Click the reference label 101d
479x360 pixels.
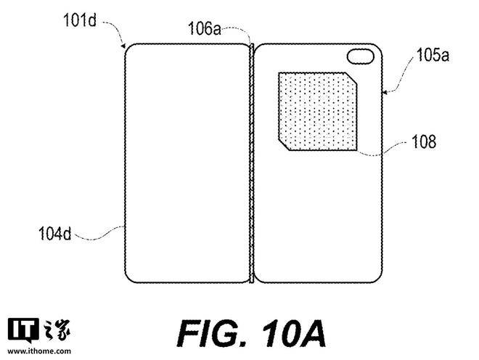tap(79, 20)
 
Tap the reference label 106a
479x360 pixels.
tap(204, 29)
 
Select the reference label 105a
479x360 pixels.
tap(433, 55)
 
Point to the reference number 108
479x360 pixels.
tap(424, 142)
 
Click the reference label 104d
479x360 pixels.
tap(54, 234)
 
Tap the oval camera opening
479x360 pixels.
tap(361, 57)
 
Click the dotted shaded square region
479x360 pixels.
tap(318, 111)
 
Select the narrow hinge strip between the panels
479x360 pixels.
tap(251, 163)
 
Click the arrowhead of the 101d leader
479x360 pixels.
tap(123, 46)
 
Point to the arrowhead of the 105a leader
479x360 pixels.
tap(385, 91)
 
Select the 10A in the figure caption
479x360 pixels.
tap(294, 334)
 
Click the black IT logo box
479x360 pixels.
tap(23, 330)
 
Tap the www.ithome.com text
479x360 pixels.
tap(39, 351)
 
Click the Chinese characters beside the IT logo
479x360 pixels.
tap(57, 330)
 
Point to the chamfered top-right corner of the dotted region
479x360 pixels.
tap(351, 78)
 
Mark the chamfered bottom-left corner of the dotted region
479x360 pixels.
tap(284, 145)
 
